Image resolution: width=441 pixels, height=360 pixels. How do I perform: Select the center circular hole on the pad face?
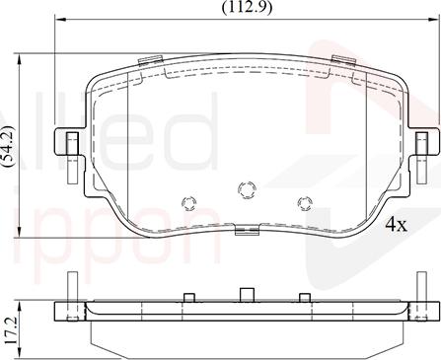point(247,186)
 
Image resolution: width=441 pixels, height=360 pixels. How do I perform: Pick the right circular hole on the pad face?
point(304,203)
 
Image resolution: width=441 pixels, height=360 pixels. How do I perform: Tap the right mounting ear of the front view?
point(422,145)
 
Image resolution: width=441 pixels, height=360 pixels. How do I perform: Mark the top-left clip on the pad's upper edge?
point(150,62)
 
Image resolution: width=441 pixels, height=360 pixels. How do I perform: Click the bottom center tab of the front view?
point(247,231)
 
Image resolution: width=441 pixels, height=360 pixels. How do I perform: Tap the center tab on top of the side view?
point(247,295)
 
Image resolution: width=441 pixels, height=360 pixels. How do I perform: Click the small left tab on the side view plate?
point(187,296)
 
